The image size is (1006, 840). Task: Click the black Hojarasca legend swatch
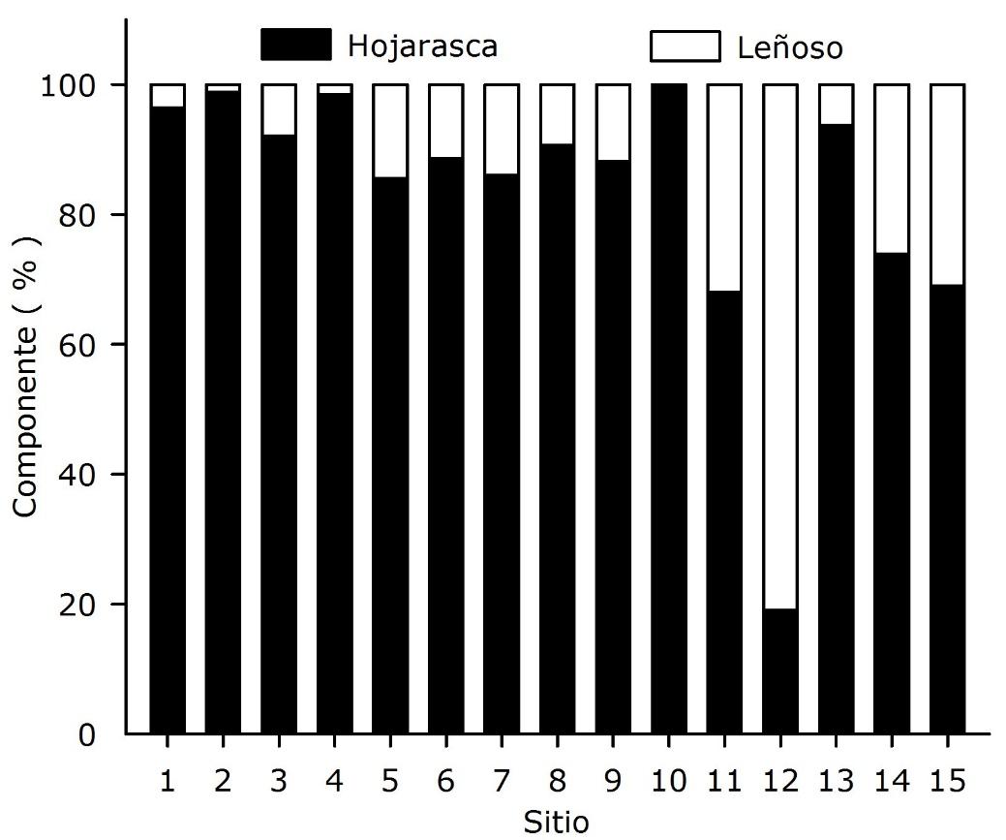click(x=296, y=45)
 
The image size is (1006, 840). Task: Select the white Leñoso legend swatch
click(x=685, y=46)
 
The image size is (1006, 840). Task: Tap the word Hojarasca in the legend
click(x=423, y=45)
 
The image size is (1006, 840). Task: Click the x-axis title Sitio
click(x=555, y=822)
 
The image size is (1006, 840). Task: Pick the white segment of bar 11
click(x=724, y=187)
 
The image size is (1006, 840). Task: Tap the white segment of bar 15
click(x=946, y=184)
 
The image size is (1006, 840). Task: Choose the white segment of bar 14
click(x=891, y=169)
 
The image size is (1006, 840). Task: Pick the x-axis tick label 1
click(x=168, y=781)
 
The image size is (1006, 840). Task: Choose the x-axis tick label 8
click(x=556, y=781)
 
